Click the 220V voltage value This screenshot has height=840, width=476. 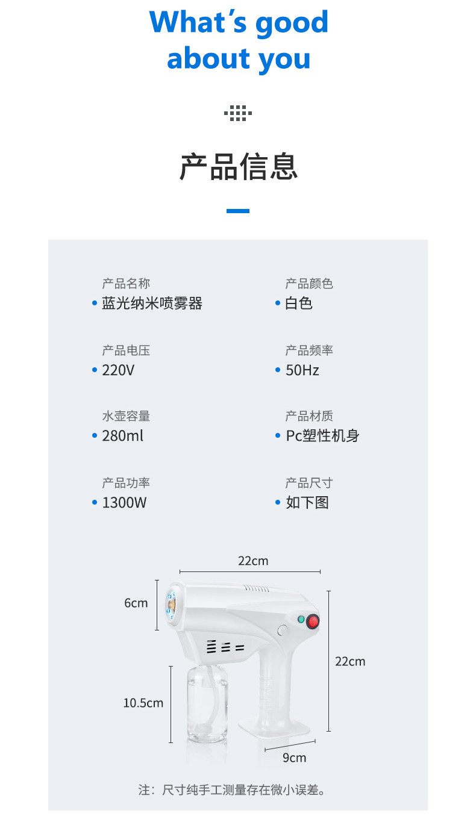tap(117, 370)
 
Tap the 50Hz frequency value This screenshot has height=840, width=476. tap(302, 370)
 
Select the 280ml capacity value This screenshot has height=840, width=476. tap(123, 436)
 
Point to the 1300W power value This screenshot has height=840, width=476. tap(124, 503)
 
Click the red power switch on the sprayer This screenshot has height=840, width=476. tap(313, 621)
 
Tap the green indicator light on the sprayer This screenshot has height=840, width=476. tap(301, 619)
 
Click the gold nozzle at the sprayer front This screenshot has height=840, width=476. tap(172, 604)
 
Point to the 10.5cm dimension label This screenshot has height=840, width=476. tap(143, 703)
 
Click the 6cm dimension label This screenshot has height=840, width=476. tap(136, 603)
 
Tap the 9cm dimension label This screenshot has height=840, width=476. tap(295, 758)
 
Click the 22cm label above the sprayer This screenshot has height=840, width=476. tap(253, 561)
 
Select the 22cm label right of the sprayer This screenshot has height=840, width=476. tap(350, 661)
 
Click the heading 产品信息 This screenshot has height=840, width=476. tap(238, 167)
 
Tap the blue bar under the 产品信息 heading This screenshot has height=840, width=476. tap(238, 211)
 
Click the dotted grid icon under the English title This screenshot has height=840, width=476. tap(238, 113)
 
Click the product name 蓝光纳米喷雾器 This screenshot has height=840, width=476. tap(152, 303)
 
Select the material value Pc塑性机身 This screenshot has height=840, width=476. tap(322, 436)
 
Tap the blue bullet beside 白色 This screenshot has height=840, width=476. tap(278, 303)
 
